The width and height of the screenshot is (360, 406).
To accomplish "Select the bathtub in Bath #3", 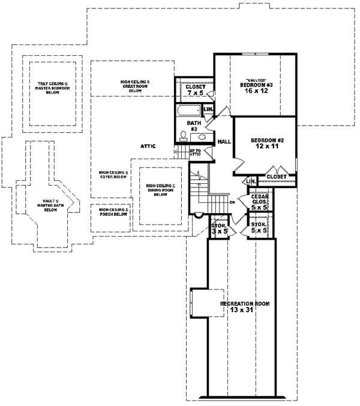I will tap(189, 111).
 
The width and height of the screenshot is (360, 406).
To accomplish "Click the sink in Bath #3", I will tap(202, 137).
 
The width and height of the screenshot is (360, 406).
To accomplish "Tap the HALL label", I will tap(224, 141).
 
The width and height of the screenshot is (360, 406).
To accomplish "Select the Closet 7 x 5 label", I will tap(195, 91).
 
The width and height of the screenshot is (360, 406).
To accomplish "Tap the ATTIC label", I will tap(148, 146).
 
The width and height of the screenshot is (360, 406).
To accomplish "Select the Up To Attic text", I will tap(195, 153).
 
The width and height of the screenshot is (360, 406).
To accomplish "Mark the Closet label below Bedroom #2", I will tap(276, 177).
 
